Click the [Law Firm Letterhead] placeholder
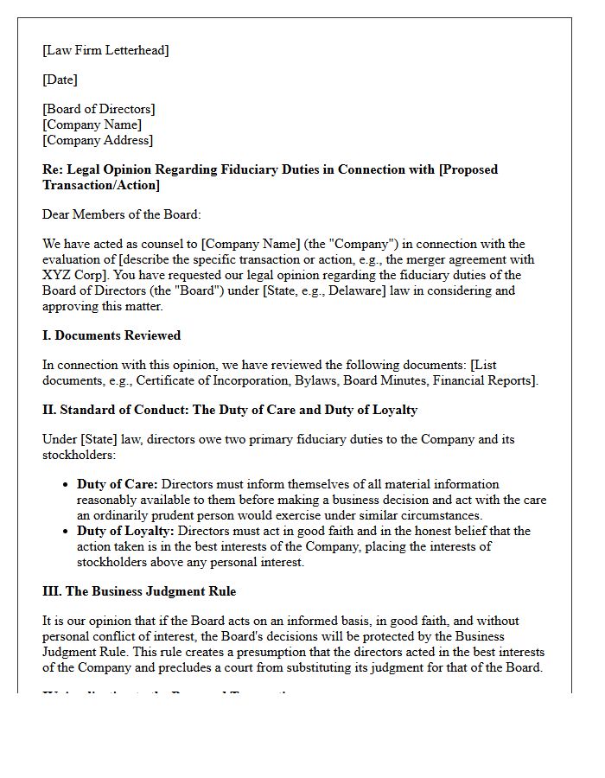[105, 50]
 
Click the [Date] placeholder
[60, 80]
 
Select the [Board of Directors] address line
[99, 109]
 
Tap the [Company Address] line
[98, 140]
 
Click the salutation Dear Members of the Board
[121, 214]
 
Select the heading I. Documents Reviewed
[111, 335]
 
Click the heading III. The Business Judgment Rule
[139, 591]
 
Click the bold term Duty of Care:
[117, 484]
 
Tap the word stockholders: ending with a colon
[79, 455]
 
